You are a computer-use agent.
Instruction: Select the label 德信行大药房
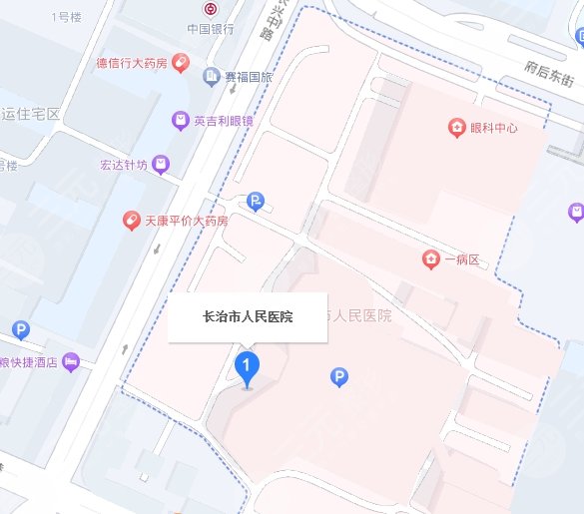pos(133,62)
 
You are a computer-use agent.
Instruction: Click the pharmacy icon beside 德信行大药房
pos(181,62)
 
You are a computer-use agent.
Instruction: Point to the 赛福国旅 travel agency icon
pos(211,76)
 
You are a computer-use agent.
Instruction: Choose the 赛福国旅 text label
pos(248,76)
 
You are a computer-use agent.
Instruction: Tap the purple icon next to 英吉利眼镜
pos(180,121)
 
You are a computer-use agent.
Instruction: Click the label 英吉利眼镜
pos(225,121)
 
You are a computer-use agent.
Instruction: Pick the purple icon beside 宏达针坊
pos(161,164)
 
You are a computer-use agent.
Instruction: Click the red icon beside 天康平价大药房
pos(131,220)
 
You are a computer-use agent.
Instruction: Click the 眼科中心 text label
pos(494,128)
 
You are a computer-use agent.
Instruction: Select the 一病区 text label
pos(462,260)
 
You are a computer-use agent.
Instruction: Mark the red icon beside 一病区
pos(430,259)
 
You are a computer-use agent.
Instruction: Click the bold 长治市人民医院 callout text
pos(248,317)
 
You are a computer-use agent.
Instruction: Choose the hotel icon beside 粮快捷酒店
pos(70,362)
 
